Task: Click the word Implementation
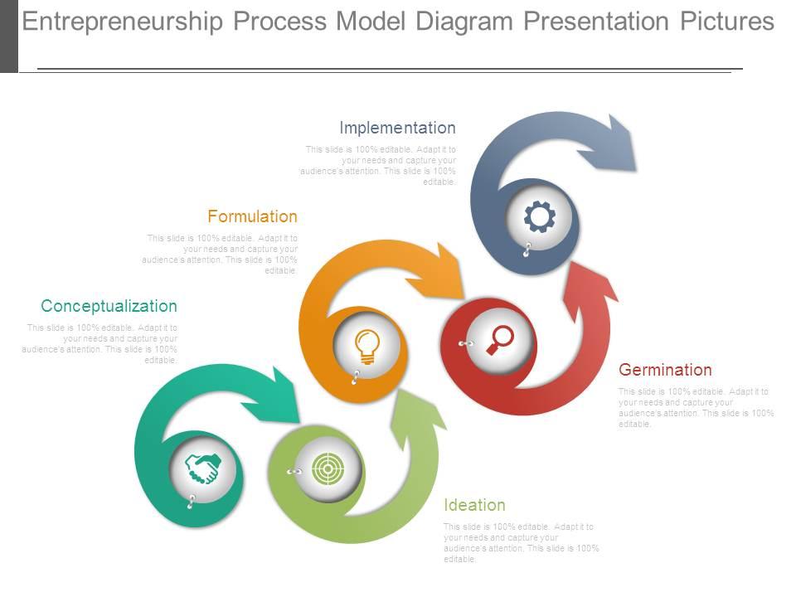coord(397,128)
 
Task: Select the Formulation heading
coord(252,216)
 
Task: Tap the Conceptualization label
coord(109,306)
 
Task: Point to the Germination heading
coord(665,370)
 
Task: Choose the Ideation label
coord(474,505)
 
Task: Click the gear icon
coord(540,217)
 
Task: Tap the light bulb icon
coord(366,344)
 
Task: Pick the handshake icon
coord(202,468)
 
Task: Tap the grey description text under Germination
coord(696,407)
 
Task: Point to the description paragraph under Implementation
coord(380,165)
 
